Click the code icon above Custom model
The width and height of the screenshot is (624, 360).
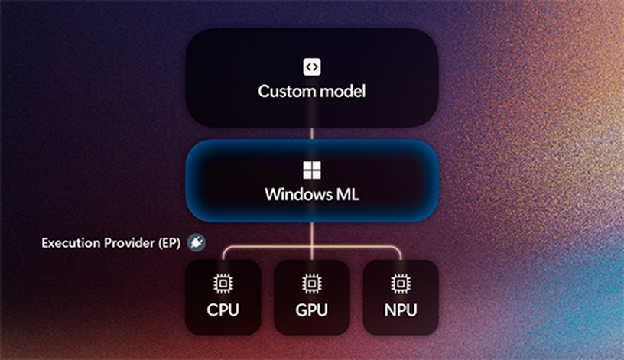point(311,66)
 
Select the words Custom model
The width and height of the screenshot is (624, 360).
point(312,92)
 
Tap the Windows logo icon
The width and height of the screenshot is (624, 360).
point(312,170)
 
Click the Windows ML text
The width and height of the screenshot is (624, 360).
point(312,194)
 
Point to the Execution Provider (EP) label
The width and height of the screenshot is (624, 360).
point(110,244)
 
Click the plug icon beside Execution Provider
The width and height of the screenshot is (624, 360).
point(197,243)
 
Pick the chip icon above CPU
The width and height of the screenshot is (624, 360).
point(223,284)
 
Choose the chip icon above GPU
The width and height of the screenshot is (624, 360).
point(312,284)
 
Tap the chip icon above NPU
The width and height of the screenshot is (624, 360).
point(401,284)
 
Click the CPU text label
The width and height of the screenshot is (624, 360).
point(223,311)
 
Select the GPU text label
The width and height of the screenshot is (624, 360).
point(312,311)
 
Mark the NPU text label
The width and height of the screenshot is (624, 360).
point(401,311)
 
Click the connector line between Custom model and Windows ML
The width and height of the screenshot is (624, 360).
point(312,134)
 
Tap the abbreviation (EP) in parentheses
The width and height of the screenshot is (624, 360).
point(168,244)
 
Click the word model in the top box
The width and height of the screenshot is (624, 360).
point(341,92)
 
